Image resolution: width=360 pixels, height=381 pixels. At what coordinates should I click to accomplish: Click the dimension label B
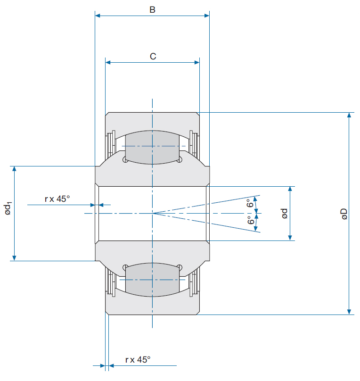point(153,10)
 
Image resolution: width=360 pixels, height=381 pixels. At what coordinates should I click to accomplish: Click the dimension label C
point(153,57)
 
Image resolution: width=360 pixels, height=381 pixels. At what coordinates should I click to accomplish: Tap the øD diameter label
point(344,214)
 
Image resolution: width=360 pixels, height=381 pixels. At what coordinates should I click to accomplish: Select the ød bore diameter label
point(285,213)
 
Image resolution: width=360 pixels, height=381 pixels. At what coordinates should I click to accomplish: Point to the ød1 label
point(8,208)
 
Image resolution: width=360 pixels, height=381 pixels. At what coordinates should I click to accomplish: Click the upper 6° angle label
point(250,203)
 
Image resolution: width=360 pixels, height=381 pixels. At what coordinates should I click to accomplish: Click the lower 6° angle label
point(251,220)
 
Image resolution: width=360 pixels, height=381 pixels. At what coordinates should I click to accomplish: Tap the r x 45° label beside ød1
point(57,199)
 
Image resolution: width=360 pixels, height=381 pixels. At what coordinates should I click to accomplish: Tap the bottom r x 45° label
point(138,360)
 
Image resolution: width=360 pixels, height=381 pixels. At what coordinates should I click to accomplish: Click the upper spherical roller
point(152,147)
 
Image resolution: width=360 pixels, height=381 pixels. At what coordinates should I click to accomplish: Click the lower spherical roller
point(152,280)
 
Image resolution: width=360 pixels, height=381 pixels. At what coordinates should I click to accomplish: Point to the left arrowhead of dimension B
point(98,16)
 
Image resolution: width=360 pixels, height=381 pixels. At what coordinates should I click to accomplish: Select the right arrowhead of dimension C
point(197,62)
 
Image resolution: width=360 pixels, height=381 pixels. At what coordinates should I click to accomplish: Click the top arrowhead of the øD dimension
point(349,115)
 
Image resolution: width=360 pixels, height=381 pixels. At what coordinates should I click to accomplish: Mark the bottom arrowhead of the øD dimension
point(349,312)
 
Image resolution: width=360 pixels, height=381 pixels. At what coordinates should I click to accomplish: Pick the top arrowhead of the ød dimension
point(290,189)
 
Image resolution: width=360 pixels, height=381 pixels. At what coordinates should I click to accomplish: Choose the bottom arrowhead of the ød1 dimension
point(14,258)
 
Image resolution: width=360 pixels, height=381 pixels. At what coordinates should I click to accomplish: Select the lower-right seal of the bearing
point(194,282)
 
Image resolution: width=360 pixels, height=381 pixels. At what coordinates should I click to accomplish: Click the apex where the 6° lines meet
point(153,213)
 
